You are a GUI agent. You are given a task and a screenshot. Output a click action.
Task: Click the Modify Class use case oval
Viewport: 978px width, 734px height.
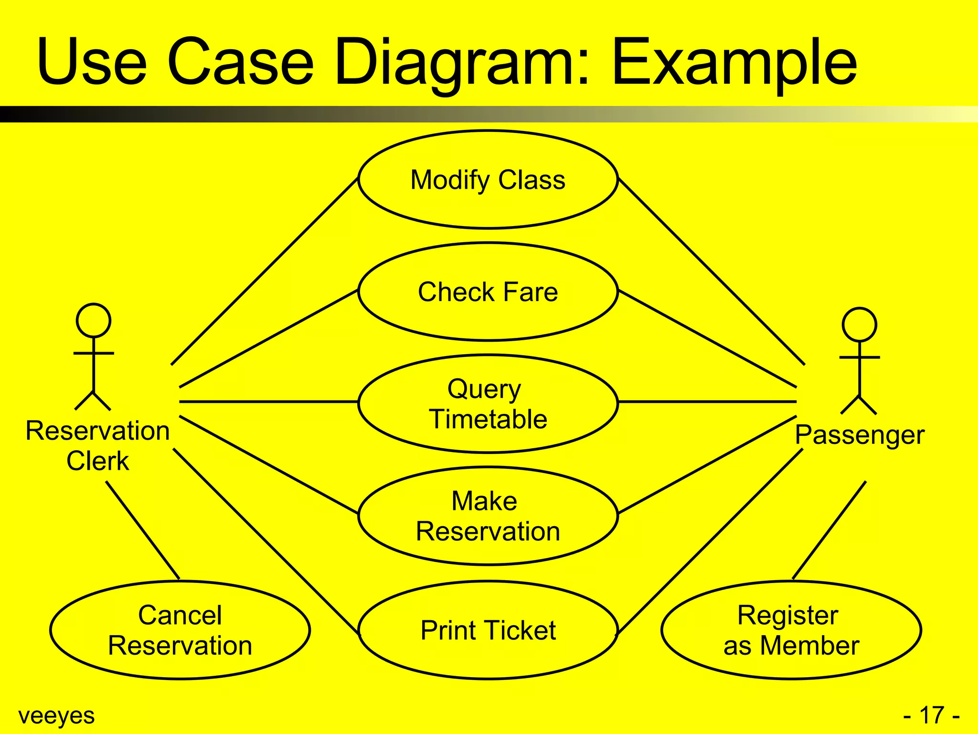coord(488,180)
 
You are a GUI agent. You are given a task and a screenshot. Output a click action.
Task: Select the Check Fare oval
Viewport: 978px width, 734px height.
coord(488,291)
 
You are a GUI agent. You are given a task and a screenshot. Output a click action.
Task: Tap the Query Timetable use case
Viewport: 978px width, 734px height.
coord(488,404)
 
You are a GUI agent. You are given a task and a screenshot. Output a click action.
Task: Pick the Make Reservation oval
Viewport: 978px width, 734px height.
coord(488,516)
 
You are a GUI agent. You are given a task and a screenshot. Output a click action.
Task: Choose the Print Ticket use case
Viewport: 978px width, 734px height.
coord(488,630)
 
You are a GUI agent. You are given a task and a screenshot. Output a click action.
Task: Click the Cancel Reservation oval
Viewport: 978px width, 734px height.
coord(180,630)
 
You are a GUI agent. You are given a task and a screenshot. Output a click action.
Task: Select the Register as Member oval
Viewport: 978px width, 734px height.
coord(791,630)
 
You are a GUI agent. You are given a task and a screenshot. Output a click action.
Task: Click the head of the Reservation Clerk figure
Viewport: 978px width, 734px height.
coord(94,320)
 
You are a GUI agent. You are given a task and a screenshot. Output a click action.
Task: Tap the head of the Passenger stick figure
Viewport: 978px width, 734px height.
coord(859,324)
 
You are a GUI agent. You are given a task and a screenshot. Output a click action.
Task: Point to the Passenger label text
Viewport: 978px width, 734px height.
coord(859,435)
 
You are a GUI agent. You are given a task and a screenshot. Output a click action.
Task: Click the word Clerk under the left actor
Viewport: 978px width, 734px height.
coord(97,461)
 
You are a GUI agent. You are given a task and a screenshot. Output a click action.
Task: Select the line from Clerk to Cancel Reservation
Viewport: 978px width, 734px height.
coord(142,530)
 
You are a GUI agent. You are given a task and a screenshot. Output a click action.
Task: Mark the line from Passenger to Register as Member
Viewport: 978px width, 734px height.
coord(829,530)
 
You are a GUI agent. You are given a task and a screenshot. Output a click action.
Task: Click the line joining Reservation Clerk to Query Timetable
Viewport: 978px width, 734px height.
coord(267,402)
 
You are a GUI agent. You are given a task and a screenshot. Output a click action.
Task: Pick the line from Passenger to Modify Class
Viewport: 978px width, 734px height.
coord(712,271)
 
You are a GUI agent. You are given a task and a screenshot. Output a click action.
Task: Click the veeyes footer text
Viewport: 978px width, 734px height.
coord(56,715)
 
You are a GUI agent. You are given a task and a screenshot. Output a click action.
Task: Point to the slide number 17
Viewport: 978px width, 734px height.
coord(931,715)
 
